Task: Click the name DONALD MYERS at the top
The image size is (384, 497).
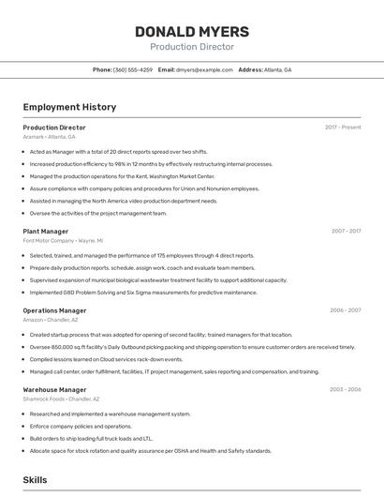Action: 192,31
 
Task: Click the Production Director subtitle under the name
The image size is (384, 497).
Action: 192,47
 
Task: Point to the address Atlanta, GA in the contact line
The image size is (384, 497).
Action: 277,69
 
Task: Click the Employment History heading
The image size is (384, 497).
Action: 69,107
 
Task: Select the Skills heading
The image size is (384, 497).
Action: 36,479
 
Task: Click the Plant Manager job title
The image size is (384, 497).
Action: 46,231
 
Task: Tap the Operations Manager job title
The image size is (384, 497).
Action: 54,310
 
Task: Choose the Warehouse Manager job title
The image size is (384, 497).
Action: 54,389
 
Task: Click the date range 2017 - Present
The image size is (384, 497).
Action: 343,128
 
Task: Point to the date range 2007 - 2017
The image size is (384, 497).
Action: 346,231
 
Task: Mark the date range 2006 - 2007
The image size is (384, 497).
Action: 346,310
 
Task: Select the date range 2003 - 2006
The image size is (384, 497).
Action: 346,389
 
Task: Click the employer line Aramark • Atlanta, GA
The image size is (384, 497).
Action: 49,137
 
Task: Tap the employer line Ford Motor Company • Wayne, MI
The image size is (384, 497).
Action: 63,241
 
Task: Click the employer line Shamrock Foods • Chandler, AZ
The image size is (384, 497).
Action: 61,399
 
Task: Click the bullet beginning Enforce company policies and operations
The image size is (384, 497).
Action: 81,426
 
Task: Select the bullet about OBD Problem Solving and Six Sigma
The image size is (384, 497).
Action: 142,293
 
